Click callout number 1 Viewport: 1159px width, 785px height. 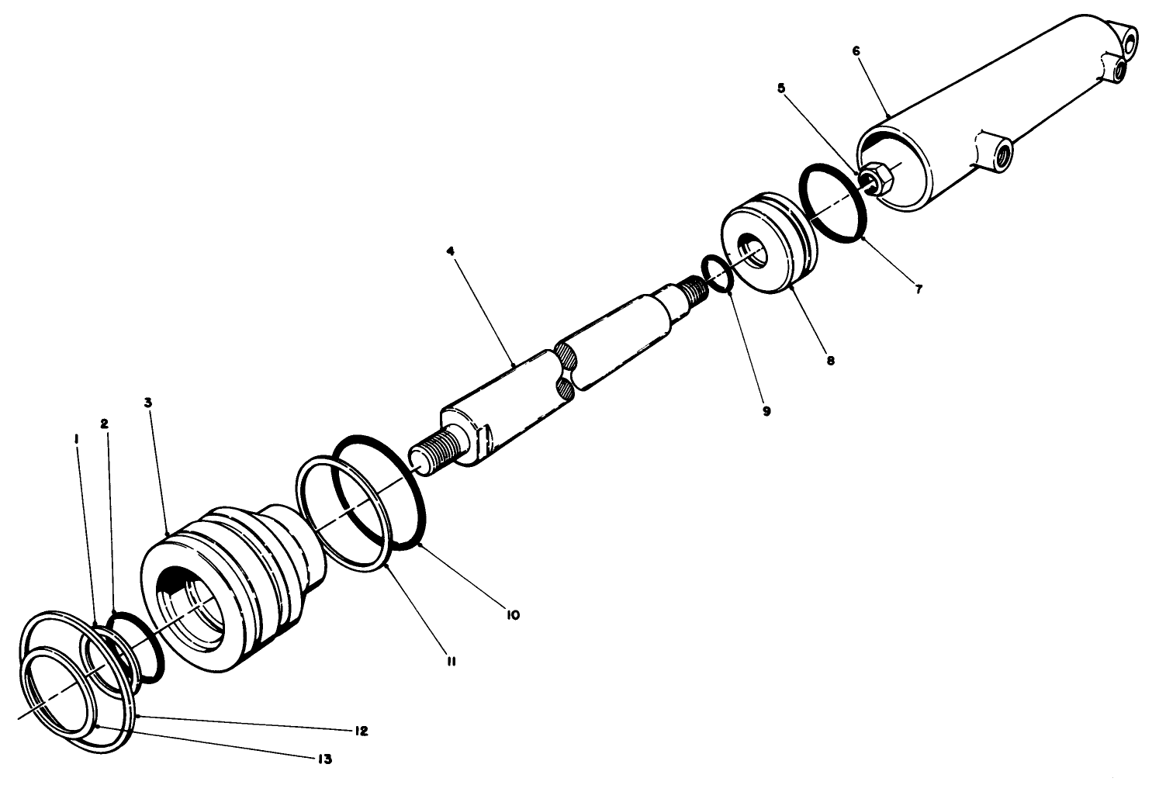pos(76,439)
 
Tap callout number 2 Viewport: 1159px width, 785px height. pos(104,424)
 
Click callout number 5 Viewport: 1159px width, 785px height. pos(781,88)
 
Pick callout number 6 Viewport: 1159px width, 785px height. pos(856,51)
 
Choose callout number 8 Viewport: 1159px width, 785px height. pos(831,361)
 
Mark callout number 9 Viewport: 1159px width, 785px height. pos(766,411)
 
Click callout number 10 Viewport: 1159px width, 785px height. pos(513,614)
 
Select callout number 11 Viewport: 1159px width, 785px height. pos(451,661)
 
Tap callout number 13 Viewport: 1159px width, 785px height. pos(324,759)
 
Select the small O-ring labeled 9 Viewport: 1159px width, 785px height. pos(717,275)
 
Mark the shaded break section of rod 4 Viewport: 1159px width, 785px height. pos(567,372)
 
